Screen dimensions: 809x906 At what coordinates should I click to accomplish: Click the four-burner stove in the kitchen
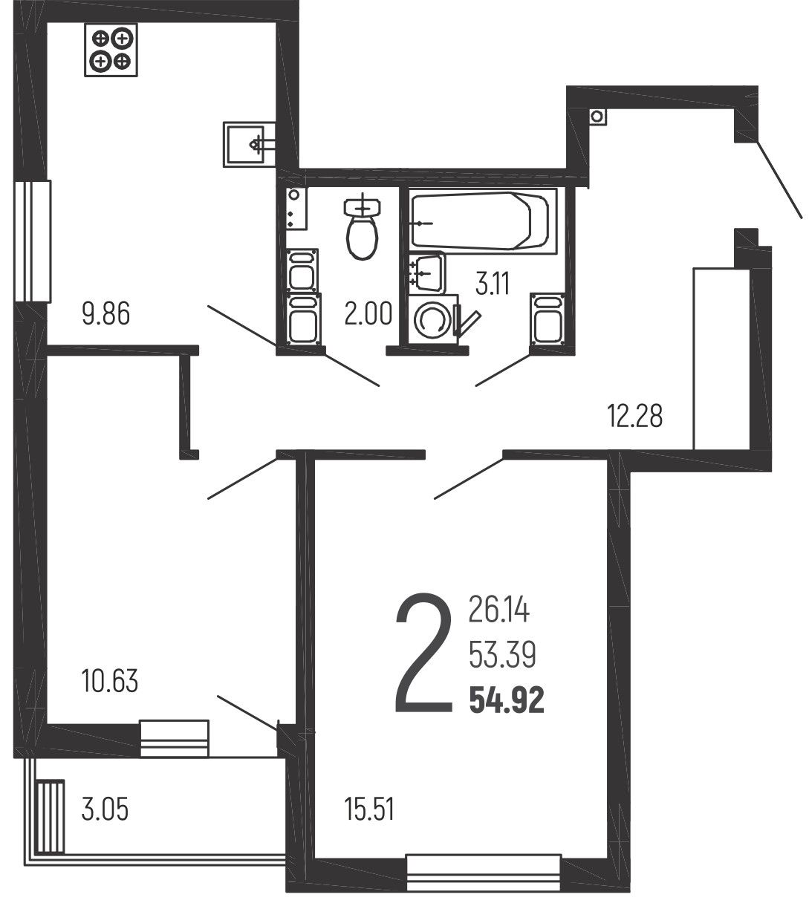111,50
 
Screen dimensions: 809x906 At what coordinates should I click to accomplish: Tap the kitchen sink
249,144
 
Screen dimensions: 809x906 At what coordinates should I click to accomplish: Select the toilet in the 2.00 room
362,226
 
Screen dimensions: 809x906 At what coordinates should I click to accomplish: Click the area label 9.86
106,313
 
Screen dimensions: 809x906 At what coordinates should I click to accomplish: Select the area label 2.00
368,313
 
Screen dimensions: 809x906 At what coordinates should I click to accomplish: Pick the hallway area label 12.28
634,415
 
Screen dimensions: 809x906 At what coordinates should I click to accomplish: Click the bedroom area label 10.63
110,681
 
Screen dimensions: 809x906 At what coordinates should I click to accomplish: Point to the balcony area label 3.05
105,809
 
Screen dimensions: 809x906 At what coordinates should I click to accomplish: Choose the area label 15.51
369,809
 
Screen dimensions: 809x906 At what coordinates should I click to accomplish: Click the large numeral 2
423,653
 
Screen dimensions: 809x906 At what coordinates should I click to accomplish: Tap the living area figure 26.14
499,610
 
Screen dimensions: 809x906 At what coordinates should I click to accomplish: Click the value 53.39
502,655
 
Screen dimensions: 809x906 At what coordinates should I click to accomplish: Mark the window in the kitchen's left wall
32,241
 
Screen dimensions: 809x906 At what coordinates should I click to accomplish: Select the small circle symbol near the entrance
597,117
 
